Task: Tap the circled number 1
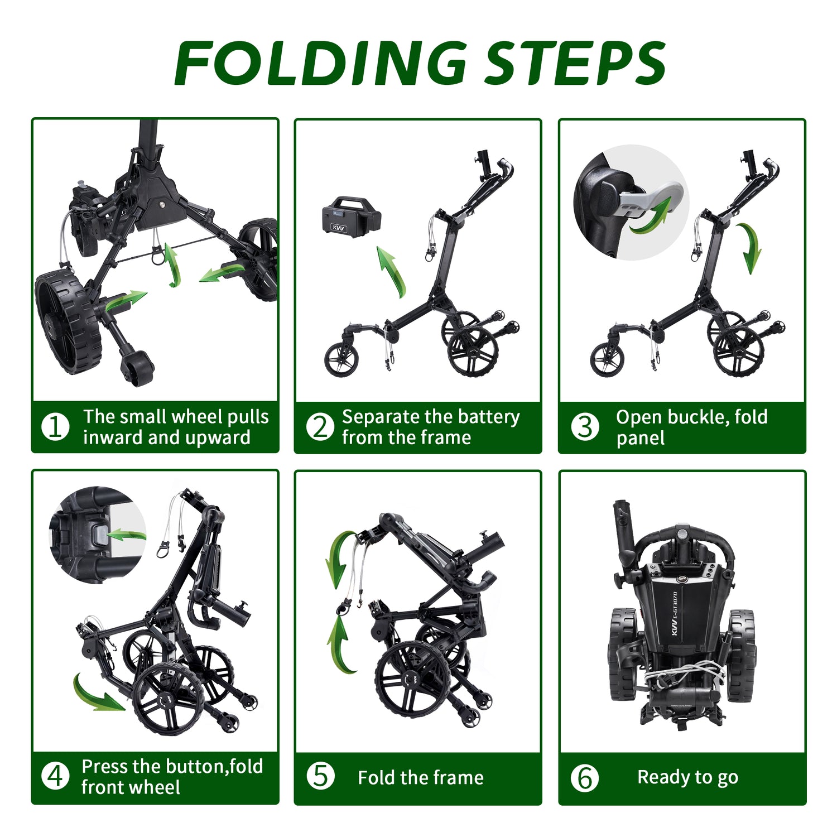pos(55,427)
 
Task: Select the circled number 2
pos(320,427)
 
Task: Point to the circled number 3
pos(585,427)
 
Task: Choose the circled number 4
pos(55,776)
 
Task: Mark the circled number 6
pos(585,778)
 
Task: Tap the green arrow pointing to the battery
pos(393,272)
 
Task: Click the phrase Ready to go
pos(687,777)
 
